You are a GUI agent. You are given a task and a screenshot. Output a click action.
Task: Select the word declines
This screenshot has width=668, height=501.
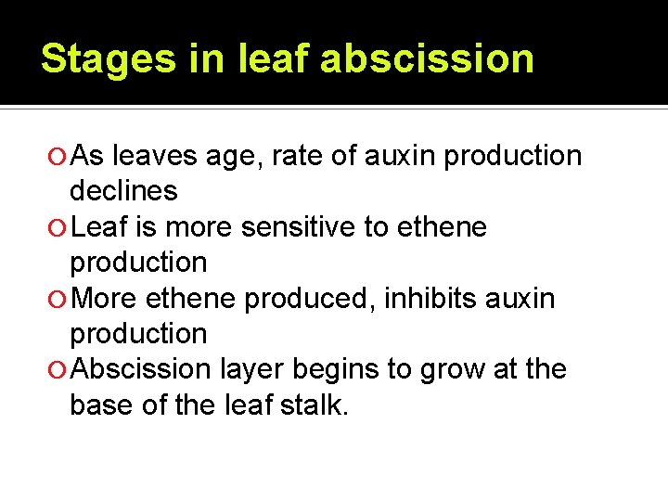(x=123, y=191)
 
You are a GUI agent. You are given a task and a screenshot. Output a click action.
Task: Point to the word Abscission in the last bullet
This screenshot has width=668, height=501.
(x=141, y=369)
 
